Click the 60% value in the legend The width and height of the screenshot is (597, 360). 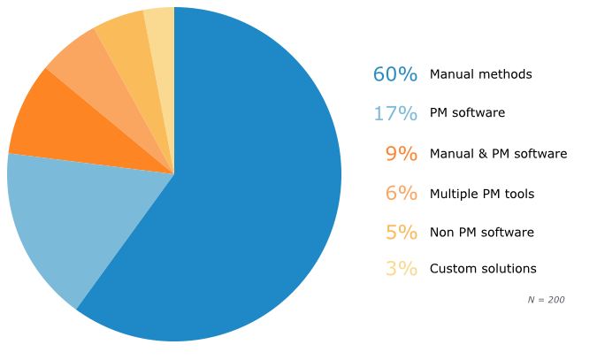(x=394, y=74)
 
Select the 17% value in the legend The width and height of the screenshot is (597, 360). (x=394, y=113)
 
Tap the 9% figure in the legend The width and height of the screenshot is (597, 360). (x=401, y=154)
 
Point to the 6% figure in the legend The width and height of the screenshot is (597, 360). (x=401, y=194)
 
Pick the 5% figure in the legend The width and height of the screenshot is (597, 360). (x=401, y=233)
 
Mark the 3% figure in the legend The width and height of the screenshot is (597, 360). (x=401, y=269)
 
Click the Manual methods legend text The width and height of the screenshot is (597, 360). (x=481, y=74)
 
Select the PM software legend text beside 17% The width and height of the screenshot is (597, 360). (x=467, y=113)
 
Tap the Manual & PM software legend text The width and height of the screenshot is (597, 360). (x=498, y=154)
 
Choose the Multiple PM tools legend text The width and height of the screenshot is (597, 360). (x=482, y=194)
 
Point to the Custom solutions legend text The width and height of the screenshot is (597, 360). (x=483, y=269)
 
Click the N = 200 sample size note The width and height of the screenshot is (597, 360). (x=546, y=300)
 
